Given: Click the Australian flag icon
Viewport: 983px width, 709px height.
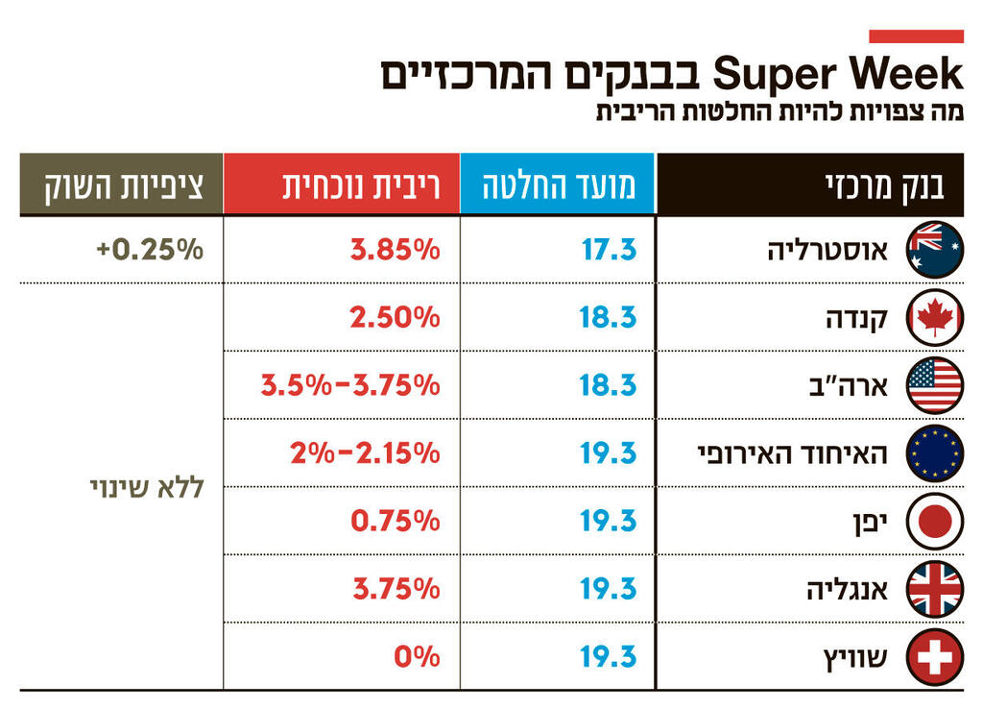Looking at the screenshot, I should click(x=934, y=250).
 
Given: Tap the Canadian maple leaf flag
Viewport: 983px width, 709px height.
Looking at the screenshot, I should click(x=934, y=317).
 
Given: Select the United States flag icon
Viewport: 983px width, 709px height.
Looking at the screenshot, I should click(x=934, y=385).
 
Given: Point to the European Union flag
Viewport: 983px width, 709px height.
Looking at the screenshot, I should click(x=934, y=452).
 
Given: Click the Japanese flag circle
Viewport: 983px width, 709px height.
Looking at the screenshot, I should click(x=934, y=521).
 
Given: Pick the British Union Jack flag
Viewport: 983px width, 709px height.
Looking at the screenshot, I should click(x=934, y=589).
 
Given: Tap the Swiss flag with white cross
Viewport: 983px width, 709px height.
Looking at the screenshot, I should click(x=934, y=657).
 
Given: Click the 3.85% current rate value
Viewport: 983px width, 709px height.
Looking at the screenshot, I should click(x=395, y=250).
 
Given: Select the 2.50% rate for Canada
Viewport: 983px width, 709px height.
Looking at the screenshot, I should click(x=395, y=317).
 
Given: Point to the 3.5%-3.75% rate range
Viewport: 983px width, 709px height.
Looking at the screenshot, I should click(x=350, y=385).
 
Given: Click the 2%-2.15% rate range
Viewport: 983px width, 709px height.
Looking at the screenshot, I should click(x=365, y=452).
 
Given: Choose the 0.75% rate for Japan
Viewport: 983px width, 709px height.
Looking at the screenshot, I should click(x=395, y=521).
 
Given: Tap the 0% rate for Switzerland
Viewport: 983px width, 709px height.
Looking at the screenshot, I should click(x=417, y=657).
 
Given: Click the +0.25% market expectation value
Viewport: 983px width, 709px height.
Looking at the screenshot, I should click(x=150, y=250).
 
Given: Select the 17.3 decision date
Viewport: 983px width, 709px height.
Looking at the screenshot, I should click(x=609, y=250).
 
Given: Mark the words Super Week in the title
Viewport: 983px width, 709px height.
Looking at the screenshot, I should click(x=838, y=75).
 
